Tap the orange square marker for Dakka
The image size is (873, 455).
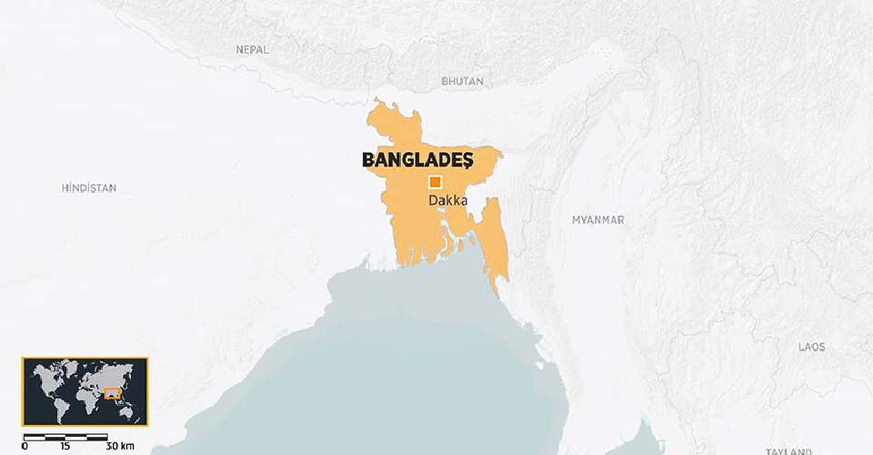pos(436,181)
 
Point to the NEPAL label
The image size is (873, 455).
pos(252,50)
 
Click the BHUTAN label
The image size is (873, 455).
pos(462,82)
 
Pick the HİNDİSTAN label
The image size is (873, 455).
pos(89,187)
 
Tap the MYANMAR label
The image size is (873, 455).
pos(597,220)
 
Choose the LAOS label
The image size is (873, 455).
pos(811,348)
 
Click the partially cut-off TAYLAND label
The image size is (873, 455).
pos(788,450)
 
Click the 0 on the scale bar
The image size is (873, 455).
pos(25,446)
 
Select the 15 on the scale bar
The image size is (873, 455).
pos(65,446)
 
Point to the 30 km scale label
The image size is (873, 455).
pos(119,446)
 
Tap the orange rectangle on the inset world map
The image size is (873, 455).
pos(114,394)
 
